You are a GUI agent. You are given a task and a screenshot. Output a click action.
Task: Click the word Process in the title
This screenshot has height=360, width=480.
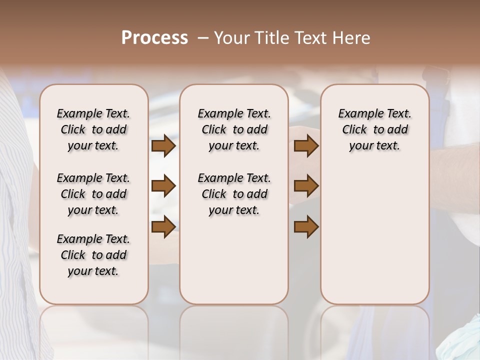(154, 38)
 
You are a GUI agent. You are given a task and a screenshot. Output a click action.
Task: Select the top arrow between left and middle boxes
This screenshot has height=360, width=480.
(163, 146)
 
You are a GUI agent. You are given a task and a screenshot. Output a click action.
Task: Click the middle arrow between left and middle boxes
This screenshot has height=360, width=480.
(163, 186)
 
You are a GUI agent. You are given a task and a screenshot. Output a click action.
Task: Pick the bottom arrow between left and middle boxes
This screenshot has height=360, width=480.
(163, 226)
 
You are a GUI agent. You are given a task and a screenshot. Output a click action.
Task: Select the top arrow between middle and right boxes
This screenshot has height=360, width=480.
(306, 146)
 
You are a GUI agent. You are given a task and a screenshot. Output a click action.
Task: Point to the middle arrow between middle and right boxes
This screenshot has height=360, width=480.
(306, 186)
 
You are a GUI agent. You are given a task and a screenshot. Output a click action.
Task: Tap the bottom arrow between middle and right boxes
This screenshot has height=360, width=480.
(306, 226)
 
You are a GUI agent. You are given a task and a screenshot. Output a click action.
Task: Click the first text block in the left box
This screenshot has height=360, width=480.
(93, 129)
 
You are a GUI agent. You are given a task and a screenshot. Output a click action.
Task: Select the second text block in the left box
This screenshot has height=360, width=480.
(93, 194)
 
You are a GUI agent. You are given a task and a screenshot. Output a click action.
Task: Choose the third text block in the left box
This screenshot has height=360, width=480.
(93, 255)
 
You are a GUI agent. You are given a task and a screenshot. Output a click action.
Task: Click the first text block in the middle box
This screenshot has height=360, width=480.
(234, 129)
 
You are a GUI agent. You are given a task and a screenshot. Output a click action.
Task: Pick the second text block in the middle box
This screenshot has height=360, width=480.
(234, 194)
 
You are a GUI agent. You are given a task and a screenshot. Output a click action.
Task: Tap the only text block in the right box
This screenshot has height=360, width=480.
(374, 129)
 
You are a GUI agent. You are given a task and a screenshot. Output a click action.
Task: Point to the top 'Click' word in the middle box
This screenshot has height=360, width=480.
(214, 130)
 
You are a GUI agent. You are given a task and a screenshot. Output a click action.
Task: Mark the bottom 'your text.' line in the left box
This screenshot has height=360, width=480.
(93, 271)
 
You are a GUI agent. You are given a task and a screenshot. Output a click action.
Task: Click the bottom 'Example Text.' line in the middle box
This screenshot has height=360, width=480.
(234, 178)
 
